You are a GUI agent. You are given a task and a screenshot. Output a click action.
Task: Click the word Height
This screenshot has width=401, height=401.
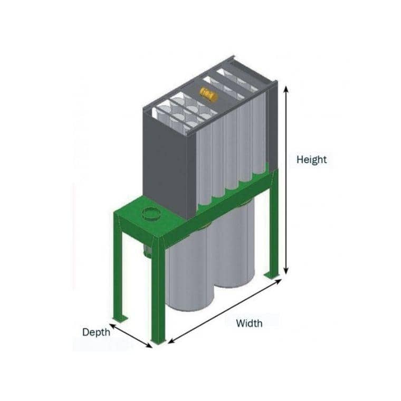pyautogui.click(x=311, y=159)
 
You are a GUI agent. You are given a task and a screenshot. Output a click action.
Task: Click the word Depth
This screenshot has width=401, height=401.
pyautogui.click(x=96, y=332)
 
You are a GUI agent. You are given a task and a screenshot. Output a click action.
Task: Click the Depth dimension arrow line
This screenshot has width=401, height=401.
pyautogui.click(x=131, y=333)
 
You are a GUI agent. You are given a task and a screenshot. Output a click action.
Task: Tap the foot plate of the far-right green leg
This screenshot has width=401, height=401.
pyautogui.click(x=272, y=275)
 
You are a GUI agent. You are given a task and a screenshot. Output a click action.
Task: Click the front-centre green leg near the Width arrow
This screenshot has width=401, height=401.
pyautogui.click(x=158, y=295)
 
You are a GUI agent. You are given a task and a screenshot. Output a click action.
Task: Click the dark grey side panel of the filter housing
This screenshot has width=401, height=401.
pyautogui.click(x=166, y=158)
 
